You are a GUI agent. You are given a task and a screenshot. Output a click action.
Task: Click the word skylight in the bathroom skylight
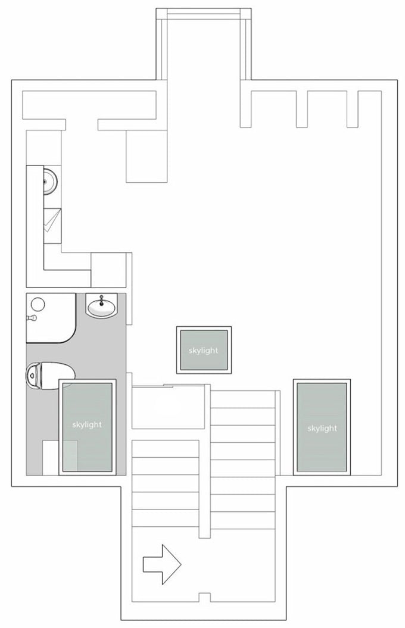tap(87, 425)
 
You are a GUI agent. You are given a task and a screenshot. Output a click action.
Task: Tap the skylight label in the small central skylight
tap(204, 351)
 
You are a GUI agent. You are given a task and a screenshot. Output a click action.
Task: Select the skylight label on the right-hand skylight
tap(322, 429)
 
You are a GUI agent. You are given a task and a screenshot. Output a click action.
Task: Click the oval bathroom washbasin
tap(102, 307)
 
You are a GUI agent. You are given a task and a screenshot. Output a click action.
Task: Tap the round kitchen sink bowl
tap(51, 180)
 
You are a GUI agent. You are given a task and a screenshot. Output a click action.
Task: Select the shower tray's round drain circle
tap(38, 305)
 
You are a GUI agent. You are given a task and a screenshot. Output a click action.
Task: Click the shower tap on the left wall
tap(31, 318)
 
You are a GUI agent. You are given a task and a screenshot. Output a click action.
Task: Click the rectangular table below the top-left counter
tap(147, 155)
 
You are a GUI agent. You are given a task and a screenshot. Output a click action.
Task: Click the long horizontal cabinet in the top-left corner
tap(89, 105)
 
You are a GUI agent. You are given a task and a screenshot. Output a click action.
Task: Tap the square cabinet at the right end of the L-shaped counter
tap(108, 270)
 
